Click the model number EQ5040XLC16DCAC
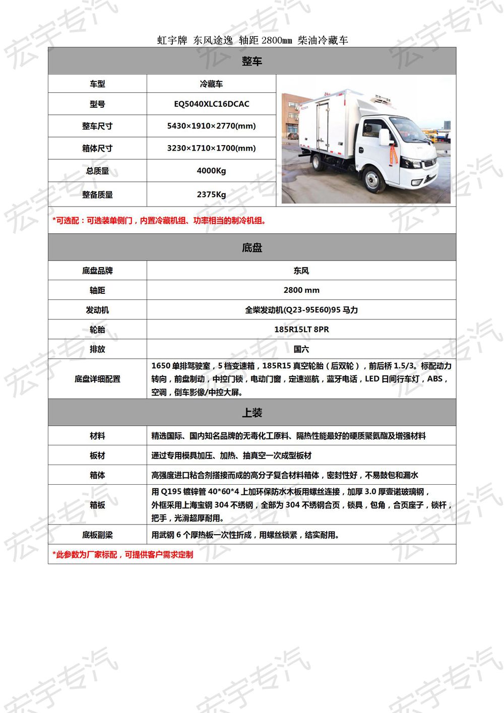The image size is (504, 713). (x=211, y=104)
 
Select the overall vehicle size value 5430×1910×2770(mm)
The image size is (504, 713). (x=211, y=126)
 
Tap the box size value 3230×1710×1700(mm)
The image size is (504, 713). (x=211, y=148)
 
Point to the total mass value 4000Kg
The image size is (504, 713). (x=211, y=171)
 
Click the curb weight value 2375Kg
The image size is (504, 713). (x=211, y=195)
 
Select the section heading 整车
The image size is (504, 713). (x=252, y=61)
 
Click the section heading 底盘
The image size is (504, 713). (x=252, y=248)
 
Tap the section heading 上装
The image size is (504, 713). (x=252, y=413)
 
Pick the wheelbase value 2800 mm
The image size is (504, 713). (x=301, y=290)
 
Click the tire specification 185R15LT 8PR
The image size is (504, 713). (x=301, y=330)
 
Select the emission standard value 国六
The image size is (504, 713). (x=301, y=349)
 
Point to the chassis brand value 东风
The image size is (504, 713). (x=301, y=271)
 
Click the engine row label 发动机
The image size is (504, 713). (x=97, y=310)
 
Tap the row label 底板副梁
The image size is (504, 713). (x=97, y=535)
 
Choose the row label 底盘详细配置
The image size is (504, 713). (x=97, y=379)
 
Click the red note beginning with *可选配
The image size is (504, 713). (x=159, y=221)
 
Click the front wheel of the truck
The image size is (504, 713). (x=374, y=179)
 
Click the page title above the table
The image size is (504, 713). (x=252, y=40)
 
